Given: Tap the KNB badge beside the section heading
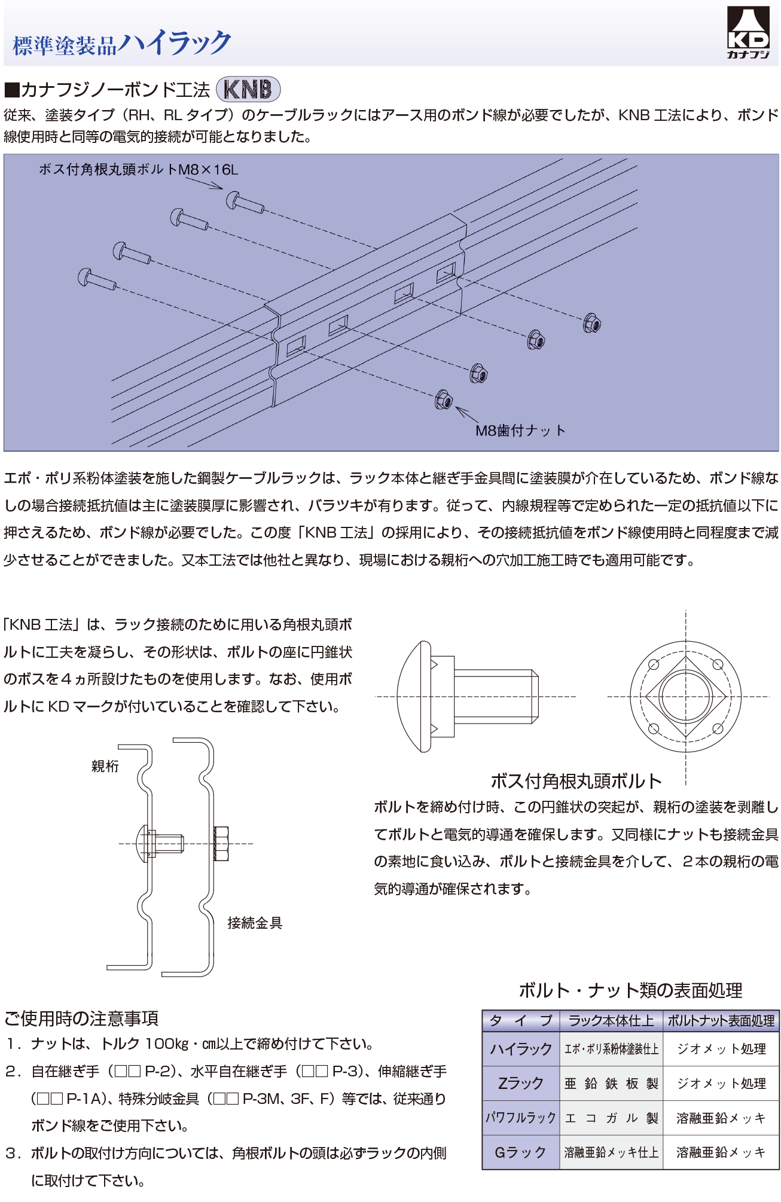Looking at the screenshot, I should (248, 90).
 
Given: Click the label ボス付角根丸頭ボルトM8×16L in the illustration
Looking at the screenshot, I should (138, 170).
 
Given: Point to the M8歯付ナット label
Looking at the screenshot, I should (520, 431).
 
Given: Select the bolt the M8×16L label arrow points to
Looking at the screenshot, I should (243, 202).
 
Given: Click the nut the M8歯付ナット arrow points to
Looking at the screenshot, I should (444, 399).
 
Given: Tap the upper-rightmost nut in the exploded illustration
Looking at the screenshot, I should (591, 323).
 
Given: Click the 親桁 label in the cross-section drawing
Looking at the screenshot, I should (105, 766).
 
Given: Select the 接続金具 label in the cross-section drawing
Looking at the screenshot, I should (255, 923).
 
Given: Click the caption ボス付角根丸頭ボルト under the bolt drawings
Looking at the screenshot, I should (576, 781).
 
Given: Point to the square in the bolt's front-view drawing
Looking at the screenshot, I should (685, 697).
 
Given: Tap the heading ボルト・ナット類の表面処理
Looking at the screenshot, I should (630, 990).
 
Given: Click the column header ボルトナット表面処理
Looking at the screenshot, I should (721, 1021).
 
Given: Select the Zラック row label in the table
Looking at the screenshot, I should (521, 1084).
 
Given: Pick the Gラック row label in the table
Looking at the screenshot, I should (521, 1152).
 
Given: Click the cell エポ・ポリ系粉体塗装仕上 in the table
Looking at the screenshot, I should (611, 1049).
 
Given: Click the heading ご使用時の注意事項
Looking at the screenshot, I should (81, 1018).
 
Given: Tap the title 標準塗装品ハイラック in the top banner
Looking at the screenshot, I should (122, 43).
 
